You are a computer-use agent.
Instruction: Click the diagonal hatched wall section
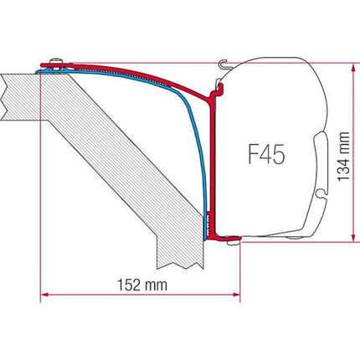pos(126,167)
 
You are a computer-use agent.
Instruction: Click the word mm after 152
pos(152,285)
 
